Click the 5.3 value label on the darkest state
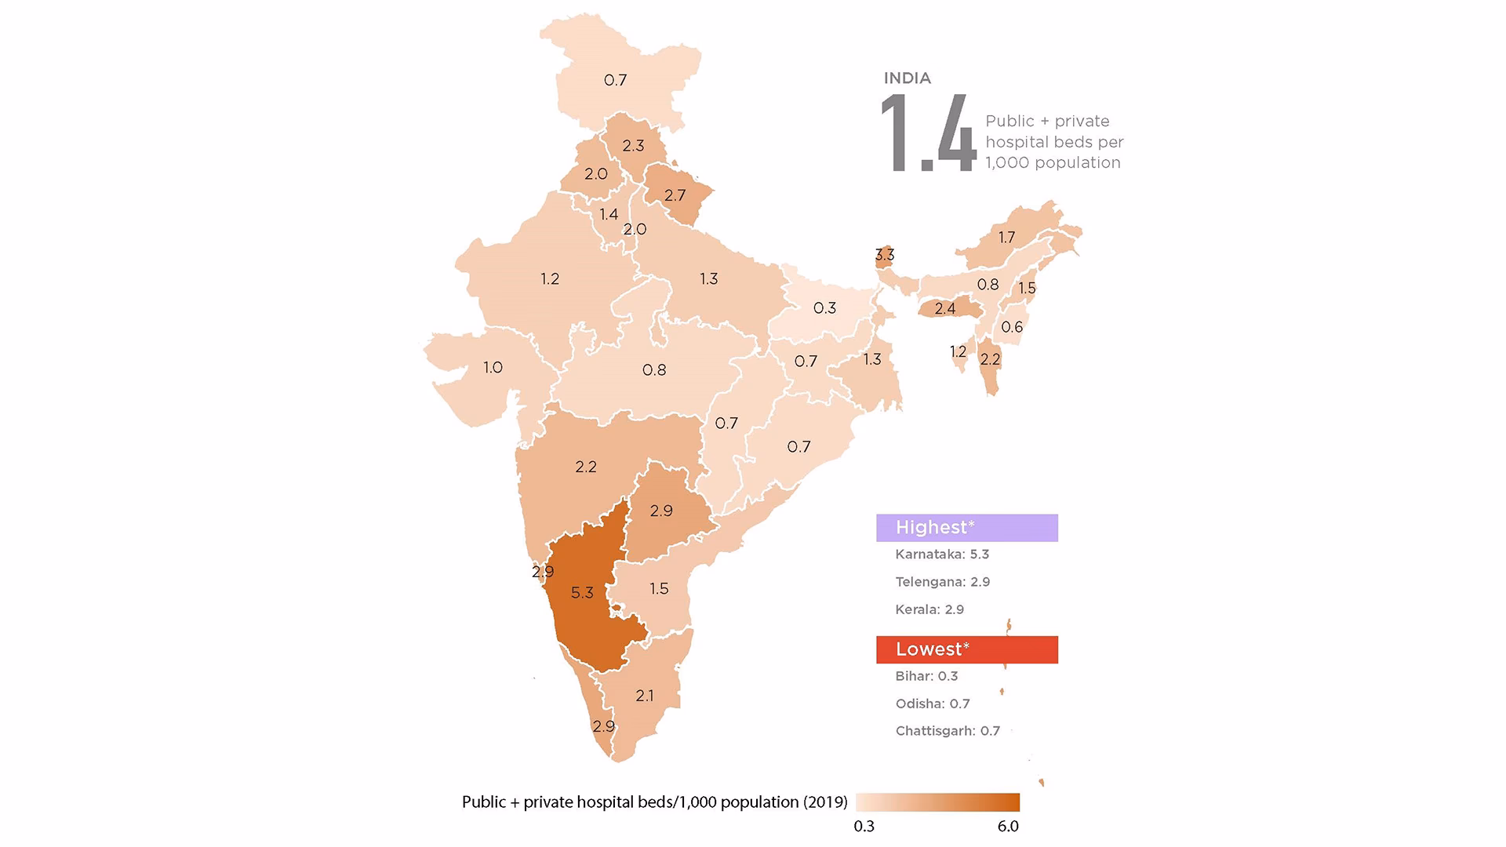[x=582, y=593]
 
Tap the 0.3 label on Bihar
[x=824, y=308]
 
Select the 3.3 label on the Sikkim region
[x=885, y=255]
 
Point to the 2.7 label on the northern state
[x=675, y=195]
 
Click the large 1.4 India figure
[x=928, y=134]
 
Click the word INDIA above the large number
[x=908, y=78]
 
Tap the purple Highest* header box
[x=966, y=528]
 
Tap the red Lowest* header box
[x=966, y=649]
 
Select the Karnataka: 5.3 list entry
[x=942, y=554]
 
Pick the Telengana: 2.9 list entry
[x=942, y=582]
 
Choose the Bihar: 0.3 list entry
[x=926, y=676]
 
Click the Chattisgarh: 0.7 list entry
[x=948, y=731]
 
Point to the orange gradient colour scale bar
[x=938, y=802]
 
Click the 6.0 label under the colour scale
[x=1008, y=827]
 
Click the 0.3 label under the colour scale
[x=864, y=827]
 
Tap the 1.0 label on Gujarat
[x=493, y=367]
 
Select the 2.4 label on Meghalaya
[x=944, y=309]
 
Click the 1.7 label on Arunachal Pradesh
[x=1006, y=238]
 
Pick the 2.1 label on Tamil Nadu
[x=645, y=696]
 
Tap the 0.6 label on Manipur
[x=1012, y=327]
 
